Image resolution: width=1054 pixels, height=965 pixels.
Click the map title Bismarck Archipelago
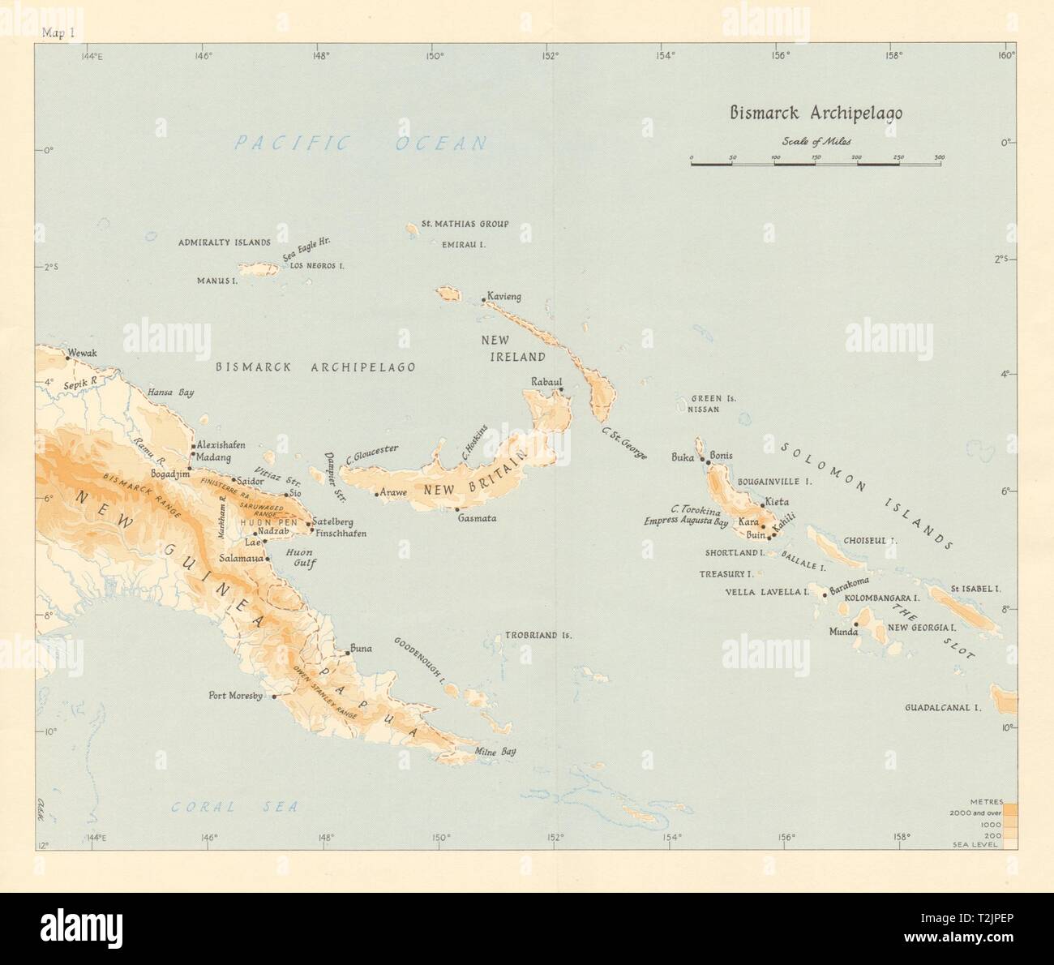[x=814, y=113]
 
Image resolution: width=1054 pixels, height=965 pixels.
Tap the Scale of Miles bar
[x=816, y=165]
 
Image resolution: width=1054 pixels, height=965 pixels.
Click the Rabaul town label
[x=546, y=381]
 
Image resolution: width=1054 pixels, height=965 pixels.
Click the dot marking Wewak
[x=66, y=356]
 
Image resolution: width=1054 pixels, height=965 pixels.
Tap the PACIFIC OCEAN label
[x=361, y=144]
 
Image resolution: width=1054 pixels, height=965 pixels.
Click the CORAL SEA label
[x=234, y=807]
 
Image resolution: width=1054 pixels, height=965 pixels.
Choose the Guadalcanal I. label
[x=943, y=708]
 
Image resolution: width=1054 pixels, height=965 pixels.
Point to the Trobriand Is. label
[x=538, y=636]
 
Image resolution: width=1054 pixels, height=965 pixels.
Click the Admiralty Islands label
[x=224, y=242]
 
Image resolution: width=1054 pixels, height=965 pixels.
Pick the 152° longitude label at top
[x=550, y=56]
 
